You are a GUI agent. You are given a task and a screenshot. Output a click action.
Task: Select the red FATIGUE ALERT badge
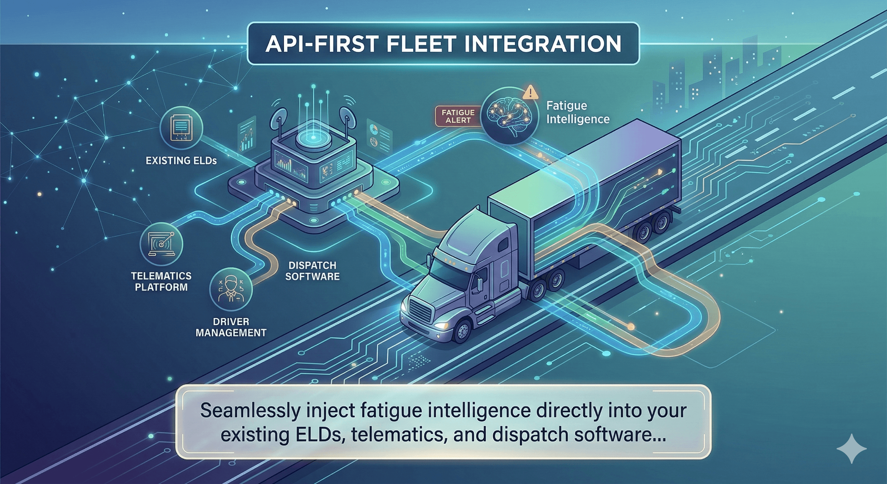click(x=458, y=116)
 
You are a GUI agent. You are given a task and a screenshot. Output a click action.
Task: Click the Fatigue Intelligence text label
click(x=577, y=112)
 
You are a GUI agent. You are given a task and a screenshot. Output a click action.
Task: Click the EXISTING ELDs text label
click(x=181, y=160)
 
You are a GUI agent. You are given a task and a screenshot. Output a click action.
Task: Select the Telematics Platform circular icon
click(x=161, y=244)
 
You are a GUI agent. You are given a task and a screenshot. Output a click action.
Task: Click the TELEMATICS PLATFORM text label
click(x=161, y=281)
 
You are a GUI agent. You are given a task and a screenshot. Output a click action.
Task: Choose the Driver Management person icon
click(x=231, y=289)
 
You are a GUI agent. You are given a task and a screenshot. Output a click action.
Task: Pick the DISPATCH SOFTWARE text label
click(x=312, y=271)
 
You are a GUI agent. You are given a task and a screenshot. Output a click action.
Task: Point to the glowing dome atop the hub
click(x=313, y=138)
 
